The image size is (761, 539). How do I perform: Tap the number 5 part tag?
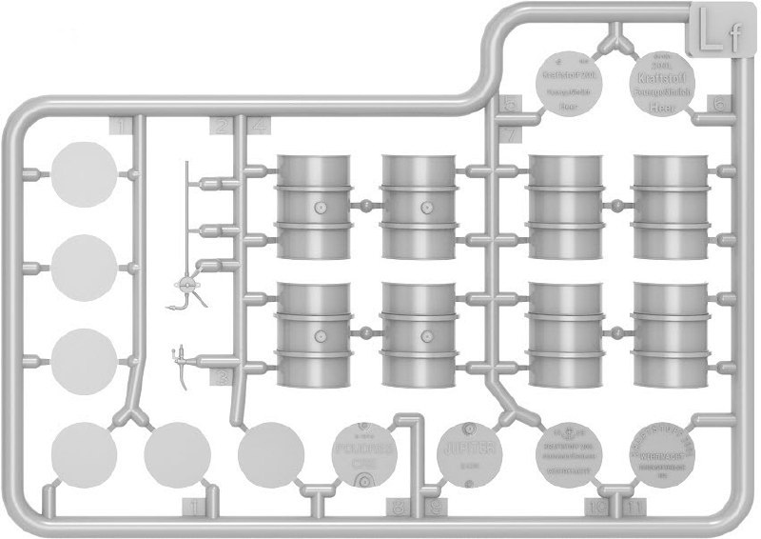[511, 104]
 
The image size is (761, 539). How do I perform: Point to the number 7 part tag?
[511, 134]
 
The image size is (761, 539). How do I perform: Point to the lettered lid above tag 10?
[573, 452]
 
